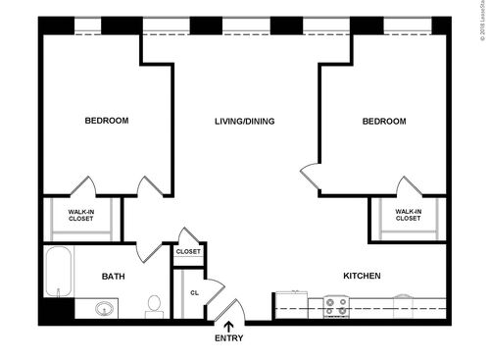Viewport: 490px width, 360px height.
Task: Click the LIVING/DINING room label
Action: pyautogui.click(x=244, y=122)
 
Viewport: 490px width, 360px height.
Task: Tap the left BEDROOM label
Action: pyautogui.click(x=107, y=121)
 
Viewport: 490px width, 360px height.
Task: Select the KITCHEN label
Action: pyautogui.click(x=362, y=276)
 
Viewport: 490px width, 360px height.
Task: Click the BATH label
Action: pyautogui.click(x=114, y=277)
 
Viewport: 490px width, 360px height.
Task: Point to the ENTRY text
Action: pyautogui.click(x=229, y=338)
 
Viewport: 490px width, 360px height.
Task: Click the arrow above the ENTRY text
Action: pyautogui.click(x=229, y=325)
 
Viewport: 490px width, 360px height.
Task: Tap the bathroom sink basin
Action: pyautogui.click(x=105, y=310)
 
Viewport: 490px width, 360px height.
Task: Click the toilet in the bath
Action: pyautogui.click(x=154, y=306)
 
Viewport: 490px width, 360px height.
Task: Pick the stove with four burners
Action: pyautogui.click(x=336, y=308)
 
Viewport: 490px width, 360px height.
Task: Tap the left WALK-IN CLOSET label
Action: pyautogui.click(x=81, y=214)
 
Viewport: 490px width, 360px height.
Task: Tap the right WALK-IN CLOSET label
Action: pyautogui.click(x=408, y=214)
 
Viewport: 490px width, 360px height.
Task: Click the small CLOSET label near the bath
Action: pyautogui.click(x=187, y=252)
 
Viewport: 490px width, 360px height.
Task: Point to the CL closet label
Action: pyautogui.click(x=194, y=292)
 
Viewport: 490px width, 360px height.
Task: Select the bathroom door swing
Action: pyautogui.click(x=149, y=250)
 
